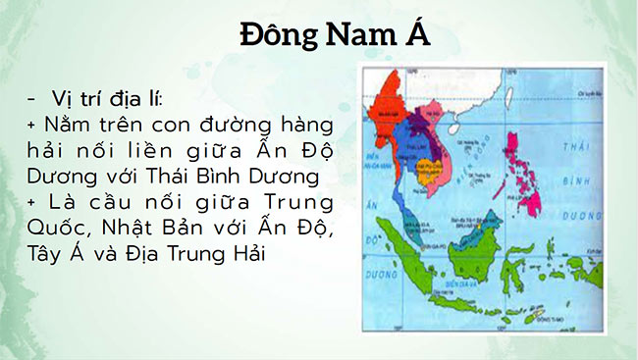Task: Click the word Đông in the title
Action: click(x=279, y=38)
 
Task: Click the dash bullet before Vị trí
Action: click(x=34, y=100)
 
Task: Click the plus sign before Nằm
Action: click(x=32, y=127)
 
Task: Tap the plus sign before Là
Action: click(x=32, y=203)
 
